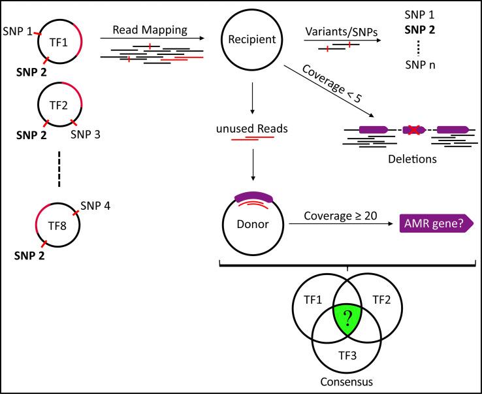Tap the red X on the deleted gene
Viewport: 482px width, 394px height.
413,129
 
